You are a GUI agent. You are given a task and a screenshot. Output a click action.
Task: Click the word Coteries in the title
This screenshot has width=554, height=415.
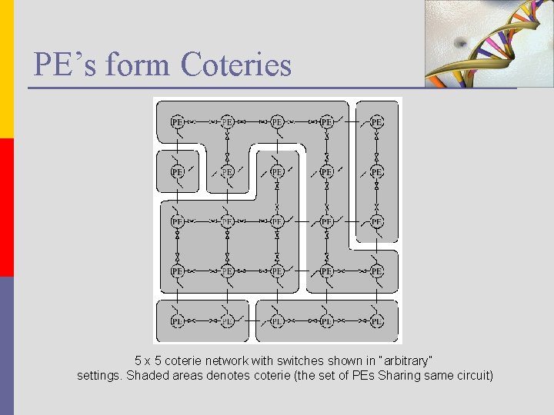click(236, 65)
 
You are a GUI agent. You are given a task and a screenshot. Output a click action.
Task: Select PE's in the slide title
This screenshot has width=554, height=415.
click(65, 65)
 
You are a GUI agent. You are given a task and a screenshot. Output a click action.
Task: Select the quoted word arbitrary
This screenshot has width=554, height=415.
click(403, 360)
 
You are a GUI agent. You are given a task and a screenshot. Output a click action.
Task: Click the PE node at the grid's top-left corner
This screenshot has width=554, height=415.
click(177, 121)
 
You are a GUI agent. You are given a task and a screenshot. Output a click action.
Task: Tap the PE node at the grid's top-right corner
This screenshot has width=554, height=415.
click(376, 121)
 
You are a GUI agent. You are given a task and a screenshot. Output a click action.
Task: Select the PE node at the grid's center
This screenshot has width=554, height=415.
click(277, 221)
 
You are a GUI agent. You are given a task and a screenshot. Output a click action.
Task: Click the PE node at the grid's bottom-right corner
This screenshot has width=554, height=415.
click(376, 320)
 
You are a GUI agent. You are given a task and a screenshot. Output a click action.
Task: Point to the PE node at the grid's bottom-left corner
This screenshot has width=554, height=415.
click(177, 320)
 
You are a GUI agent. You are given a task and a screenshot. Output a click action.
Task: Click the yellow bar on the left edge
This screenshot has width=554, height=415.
click(6, 69)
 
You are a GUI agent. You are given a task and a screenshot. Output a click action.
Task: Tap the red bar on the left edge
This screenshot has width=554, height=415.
click(6, 207)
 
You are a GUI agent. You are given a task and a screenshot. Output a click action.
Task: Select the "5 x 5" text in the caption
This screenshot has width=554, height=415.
click(149, 360)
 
